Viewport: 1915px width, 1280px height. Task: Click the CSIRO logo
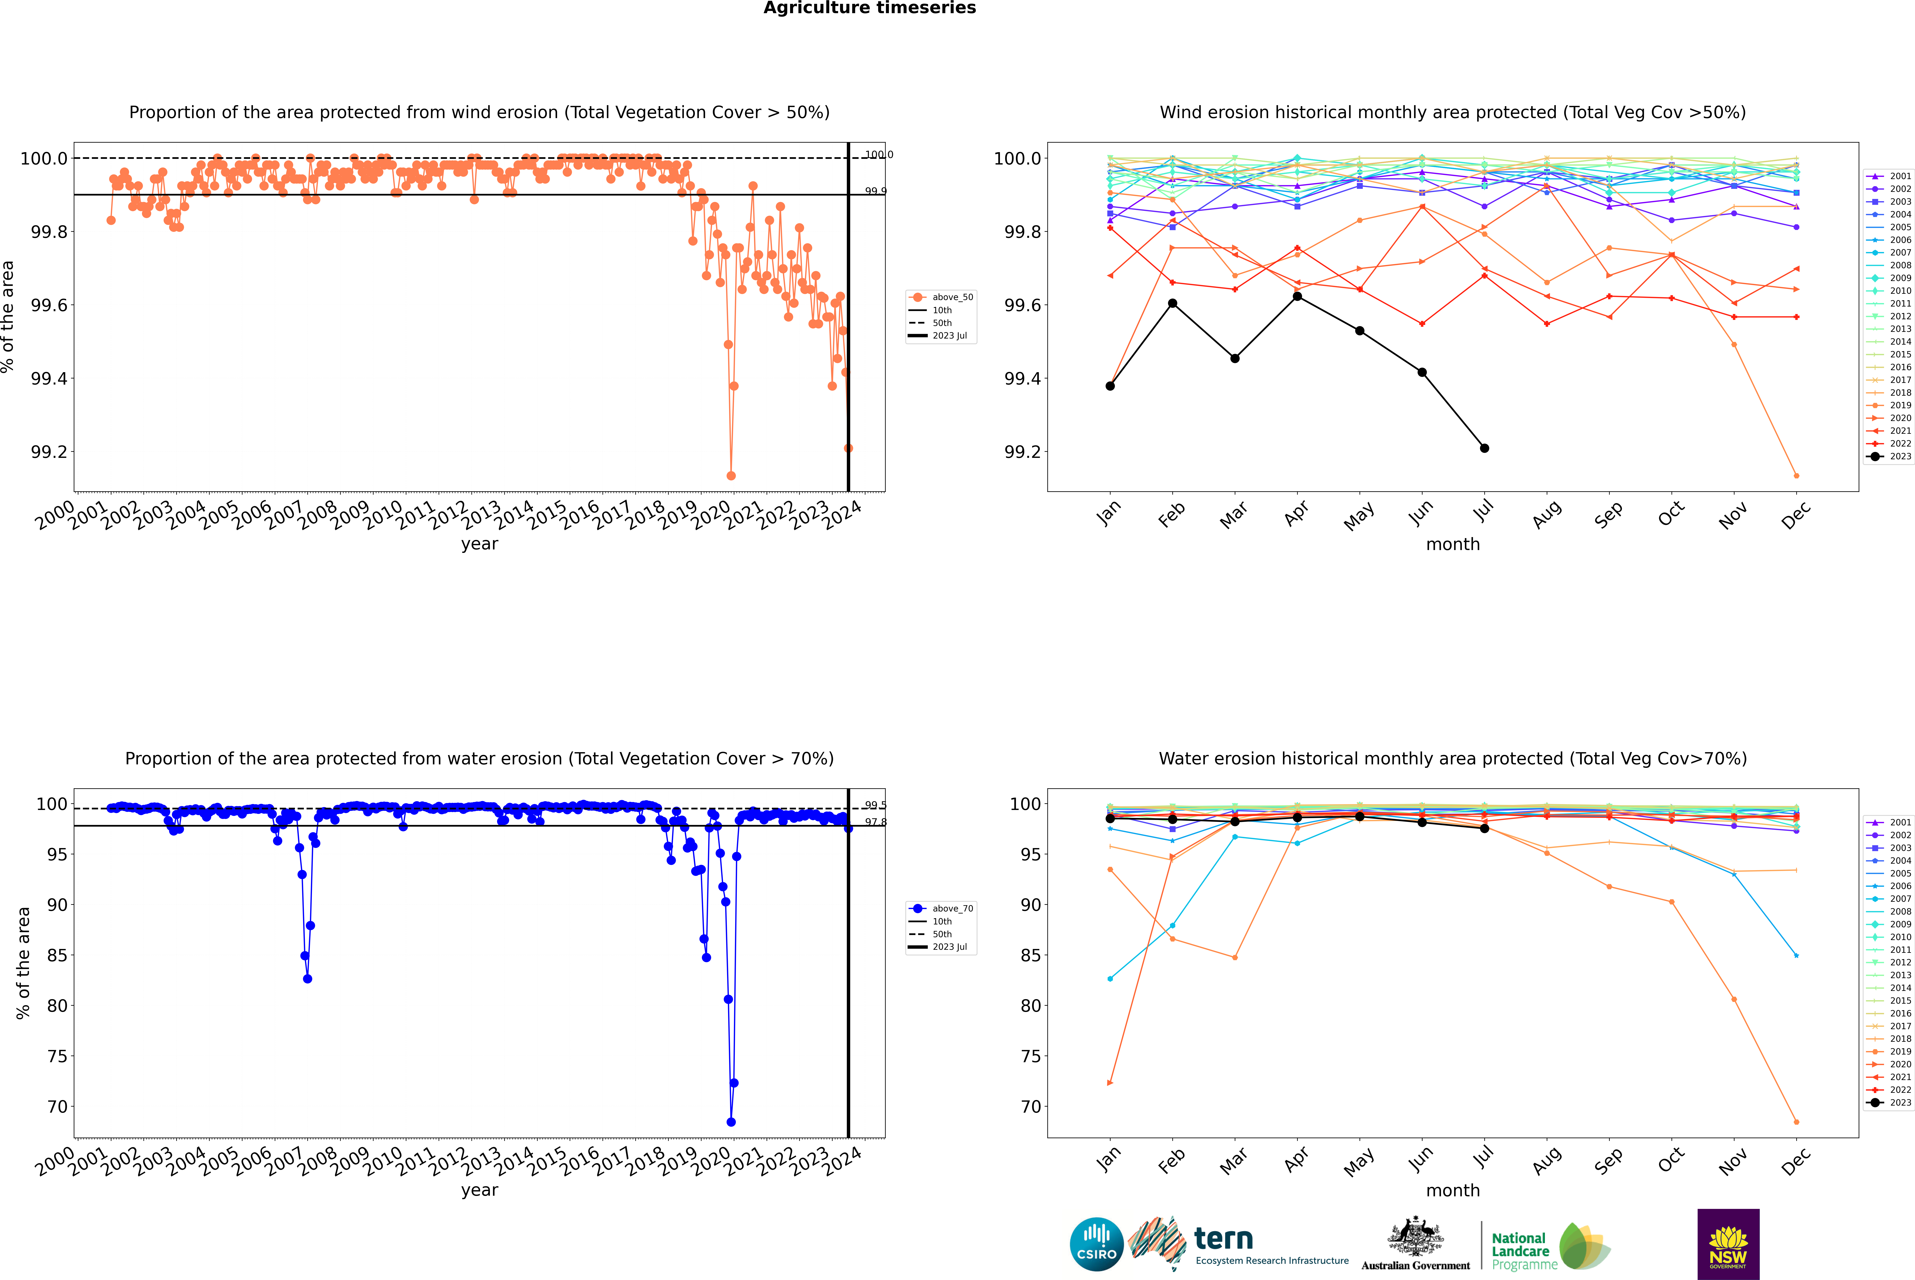[1096, 1244]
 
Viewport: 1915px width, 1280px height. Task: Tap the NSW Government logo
[1728, 1244]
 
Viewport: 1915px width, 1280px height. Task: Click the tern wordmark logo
[1223, 1239]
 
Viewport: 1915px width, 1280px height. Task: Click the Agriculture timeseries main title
[869, 8]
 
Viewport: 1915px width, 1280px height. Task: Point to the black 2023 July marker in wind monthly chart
[1484, 448]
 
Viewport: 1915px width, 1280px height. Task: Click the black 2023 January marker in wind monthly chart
[1110, 386]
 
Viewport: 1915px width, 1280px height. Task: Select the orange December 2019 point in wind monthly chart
[1796, 476]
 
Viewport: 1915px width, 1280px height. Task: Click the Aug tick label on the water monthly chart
[1547, 1160]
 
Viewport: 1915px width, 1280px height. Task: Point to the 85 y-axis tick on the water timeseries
[57, 955]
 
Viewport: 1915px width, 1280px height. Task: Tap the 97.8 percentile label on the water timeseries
[875, 822]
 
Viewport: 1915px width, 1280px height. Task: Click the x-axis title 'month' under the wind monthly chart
[1452, 545]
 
